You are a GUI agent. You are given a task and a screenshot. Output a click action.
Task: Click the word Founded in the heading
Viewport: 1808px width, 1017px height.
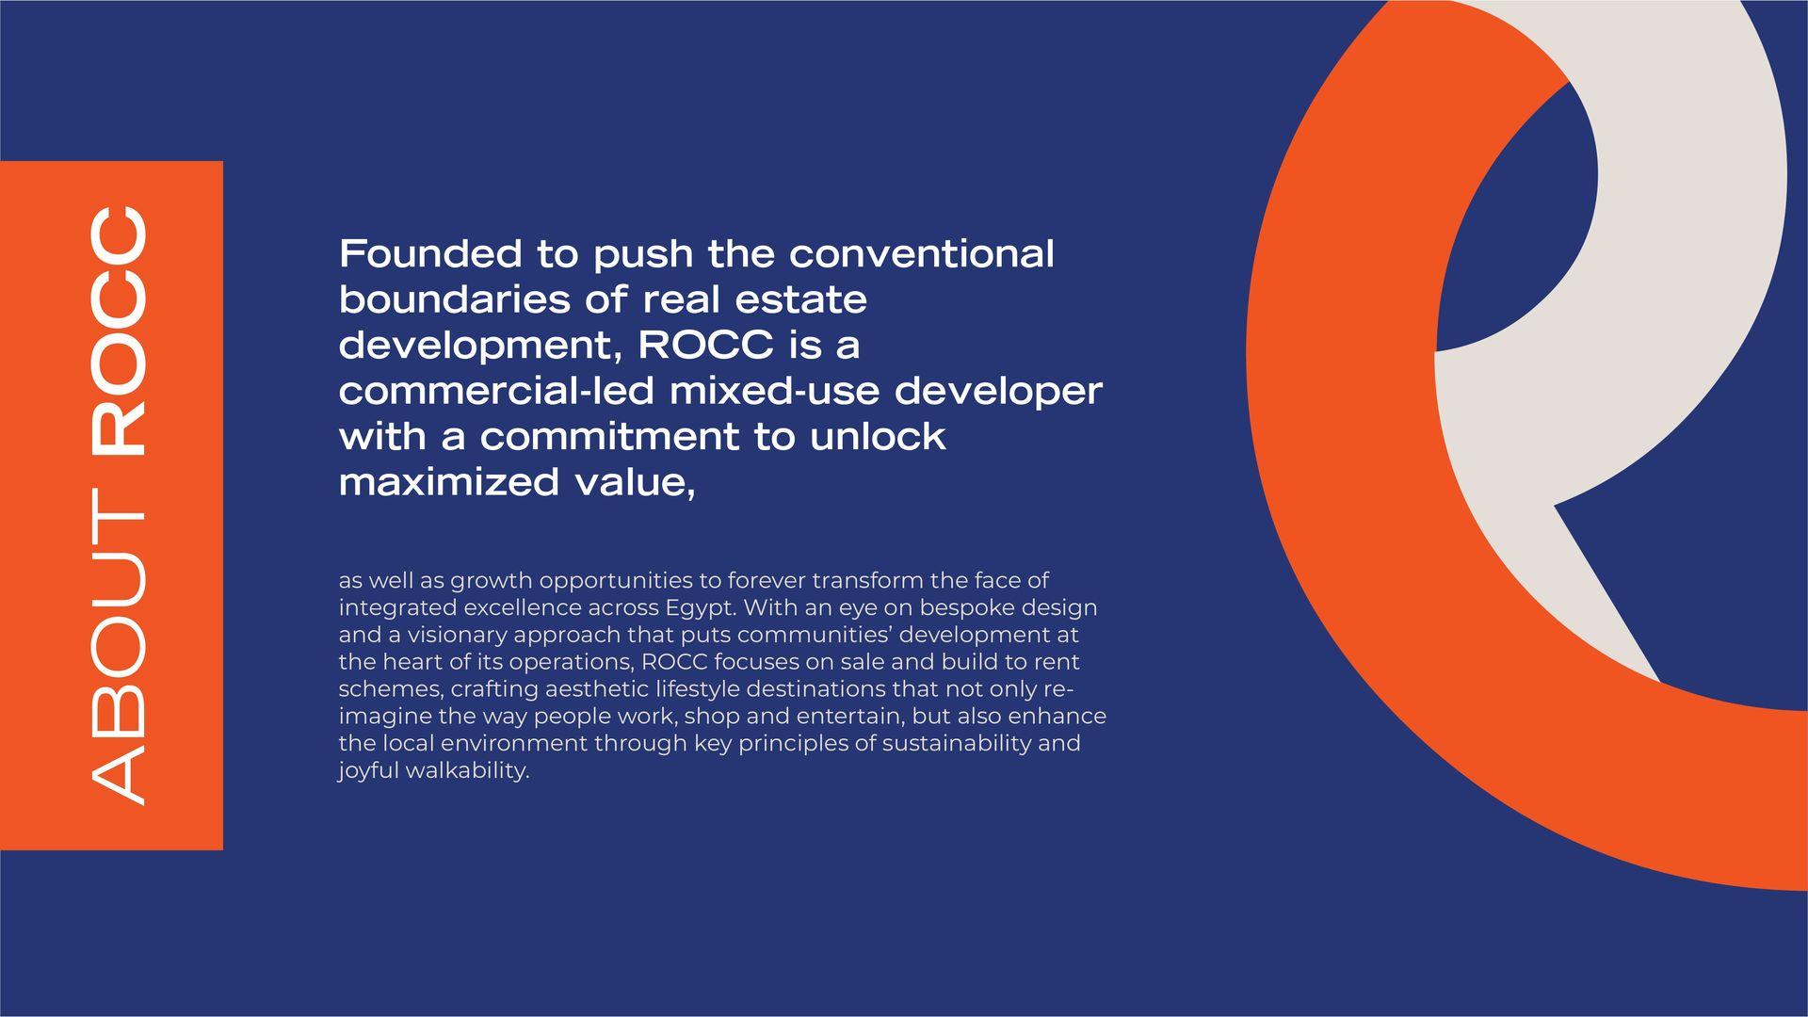[430, 254]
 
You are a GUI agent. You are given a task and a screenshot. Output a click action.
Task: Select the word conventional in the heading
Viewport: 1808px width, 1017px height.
[922, 254]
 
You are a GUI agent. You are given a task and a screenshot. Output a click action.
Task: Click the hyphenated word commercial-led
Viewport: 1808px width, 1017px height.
[496, 391]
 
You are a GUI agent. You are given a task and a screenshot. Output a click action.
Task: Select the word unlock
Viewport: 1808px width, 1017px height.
[878, 436]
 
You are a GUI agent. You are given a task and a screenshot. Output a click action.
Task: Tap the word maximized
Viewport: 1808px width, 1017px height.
[449, 482]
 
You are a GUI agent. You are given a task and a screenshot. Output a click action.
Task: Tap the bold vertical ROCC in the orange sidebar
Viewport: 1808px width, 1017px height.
[120, 331]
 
